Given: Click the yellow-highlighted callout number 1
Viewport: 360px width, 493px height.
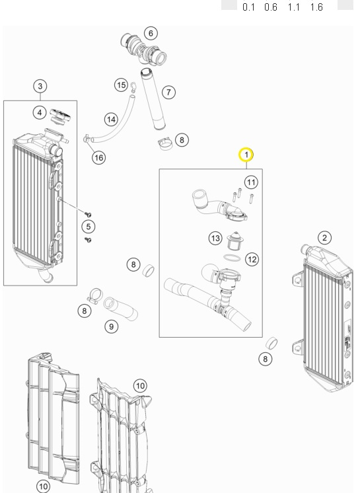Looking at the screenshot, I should tap(246, 155).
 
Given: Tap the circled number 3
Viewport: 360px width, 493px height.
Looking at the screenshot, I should tap(40, 86).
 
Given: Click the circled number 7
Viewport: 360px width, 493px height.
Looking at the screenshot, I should tap(169, 92).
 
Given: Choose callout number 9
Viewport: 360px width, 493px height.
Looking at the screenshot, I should tap(112, 325).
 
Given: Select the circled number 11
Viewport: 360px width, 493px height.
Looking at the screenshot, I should tap(250, 182).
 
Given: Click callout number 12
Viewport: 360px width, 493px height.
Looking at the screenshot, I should tap(252, 259).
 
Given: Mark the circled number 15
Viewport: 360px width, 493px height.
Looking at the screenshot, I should tap(121, 85).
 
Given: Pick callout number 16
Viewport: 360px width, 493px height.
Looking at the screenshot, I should tap(98, 157).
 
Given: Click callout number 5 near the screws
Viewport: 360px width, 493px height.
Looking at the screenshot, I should tap(88, 227).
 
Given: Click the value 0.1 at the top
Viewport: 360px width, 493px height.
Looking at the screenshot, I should tap(249, 7).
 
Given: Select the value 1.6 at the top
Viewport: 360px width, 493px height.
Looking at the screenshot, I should tap(314, 7).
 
